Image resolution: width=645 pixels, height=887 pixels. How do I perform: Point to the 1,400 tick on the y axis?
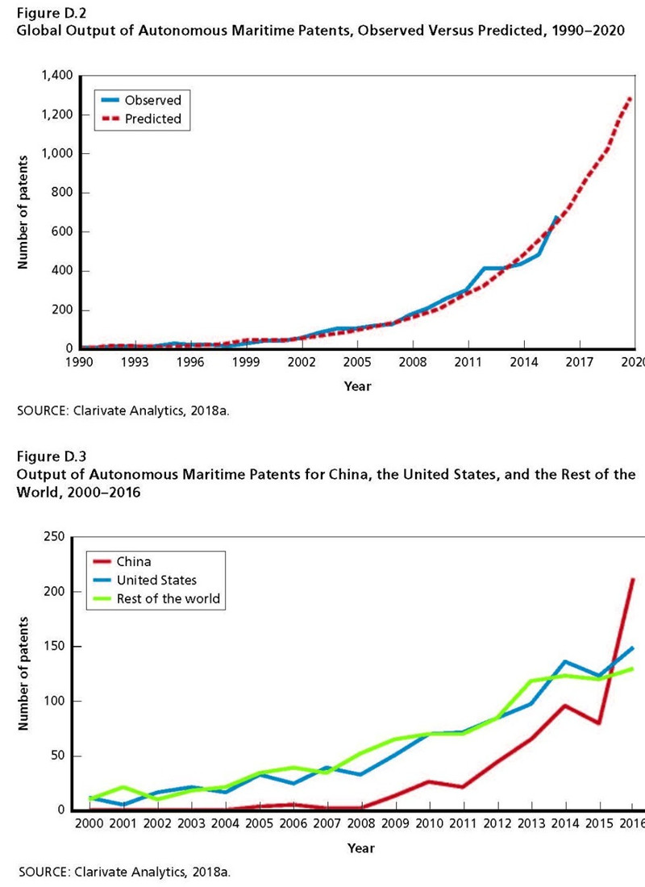pos(57,76)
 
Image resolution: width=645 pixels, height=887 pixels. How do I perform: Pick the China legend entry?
pos(134,562)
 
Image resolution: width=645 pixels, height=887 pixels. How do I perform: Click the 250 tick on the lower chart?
pos(53,536)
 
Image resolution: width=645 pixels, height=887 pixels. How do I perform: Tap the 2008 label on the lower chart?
pos(360,825)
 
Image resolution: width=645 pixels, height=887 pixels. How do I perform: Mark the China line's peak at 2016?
pos(633,579)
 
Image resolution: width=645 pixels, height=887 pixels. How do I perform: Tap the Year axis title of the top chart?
pos(357,387)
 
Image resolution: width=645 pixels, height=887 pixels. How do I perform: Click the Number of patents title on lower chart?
pos(24,673)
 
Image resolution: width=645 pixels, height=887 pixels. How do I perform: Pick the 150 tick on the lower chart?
pos(53,647)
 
